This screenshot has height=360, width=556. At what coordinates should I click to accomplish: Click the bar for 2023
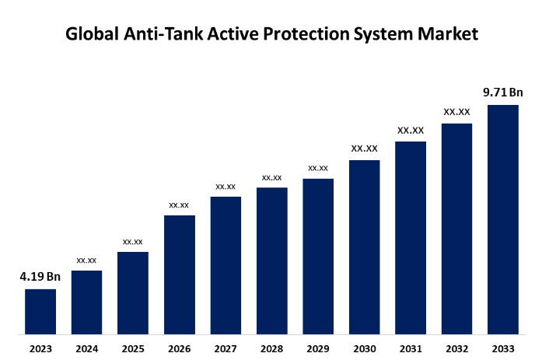point(40,312)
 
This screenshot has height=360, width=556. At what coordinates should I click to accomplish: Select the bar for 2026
point(179,274)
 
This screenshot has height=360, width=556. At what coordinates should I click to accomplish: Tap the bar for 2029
point(318,257)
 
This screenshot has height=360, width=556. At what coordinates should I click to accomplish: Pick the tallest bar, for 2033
point(503,219)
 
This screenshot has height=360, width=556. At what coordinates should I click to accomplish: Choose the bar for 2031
point(411,238)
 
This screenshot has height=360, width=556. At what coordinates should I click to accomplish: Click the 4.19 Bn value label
point(40,276)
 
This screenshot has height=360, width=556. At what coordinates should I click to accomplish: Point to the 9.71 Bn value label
point(503,93)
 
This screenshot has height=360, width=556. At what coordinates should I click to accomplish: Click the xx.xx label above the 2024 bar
point(86,260)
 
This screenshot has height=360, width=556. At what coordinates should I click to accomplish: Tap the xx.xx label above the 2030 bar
point(364,149)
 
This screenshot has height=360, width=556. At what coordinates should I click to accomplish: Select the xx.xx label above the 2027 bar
point(226,186)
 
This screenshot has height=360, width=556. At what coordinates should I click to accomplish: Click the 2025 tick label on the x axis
point(133,348)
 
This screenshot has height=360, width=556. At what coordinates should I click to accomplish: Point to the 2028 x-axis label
point(271,348)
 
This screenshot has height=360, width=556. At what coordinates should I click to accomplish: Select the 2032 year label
point(456,348)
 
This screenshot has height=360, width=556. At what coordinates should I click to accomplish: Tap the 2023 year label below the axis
point(40,348)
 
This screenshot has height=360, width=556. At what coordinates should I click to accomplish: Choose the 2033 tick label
point(503,348)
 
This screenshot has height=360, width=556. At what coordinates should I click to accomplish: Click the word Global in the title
point(93,35)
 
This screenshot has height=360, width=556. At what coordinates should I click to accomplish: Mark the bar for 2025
point(133,293)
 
